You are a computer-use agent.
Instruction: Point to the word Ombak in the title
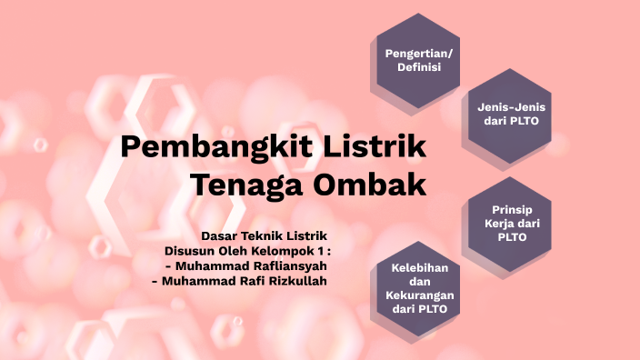coord(370,184)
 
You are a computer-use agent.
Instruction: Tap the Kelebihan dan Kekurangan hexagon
coord(418,288)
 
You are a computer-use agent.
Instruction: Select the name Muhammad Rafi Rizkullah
coord(239,281)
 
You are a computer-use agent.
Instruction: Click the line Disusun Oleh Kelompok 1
coord(247,250)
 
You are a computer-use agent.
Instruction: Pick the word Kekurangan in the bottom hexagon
coord(418,295)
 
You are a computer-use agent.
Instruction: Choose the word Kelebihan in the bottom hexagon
coord(418,268)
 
